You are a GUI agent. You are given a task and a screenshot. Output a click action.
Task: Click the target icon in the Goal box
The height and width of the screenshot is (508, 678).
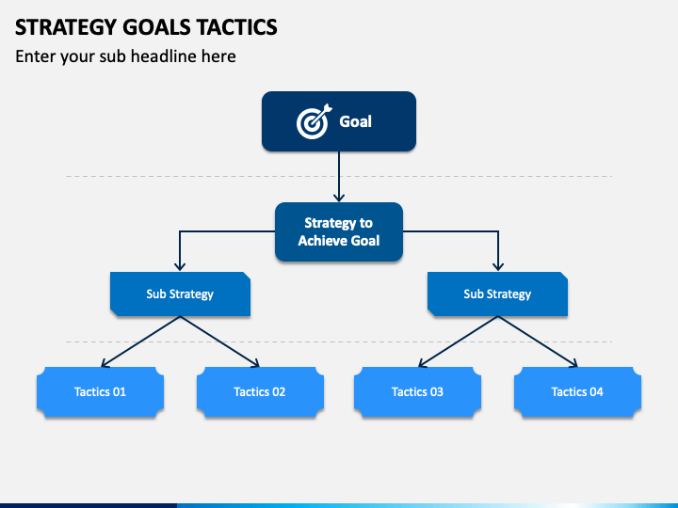314,121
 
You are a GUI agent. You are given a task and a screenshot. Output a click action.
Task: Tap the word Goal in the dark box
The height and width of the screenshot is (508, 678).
355,121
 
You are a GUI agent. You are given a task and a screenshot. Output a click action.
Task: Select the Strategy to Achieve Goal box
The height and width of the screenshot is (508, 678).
339,232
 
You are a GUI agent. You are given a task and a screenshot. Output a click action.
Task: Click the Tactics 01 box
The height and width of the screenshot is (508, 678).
101,391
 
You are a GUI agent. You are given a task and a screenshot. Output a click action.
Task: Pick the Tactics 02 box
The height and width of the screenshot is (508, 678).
260,391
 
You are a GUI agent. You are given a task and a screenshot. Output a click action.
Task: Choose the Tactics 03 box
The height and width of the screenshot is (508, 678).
418,391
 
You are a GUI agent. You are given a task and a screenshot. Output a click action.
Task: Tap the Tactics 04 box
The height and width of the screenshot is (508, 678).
577,391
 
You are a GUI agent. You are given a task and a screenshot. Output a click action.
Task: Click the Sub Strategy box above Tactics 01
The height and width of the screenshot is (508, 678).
180,294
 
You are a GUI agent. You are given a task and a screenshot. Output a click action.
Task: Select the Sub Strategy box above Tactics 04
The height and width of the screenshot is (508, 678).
498,294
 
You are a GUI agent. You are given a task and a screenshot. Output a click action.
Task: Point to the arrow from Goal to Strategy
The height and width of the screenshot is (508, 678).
339,177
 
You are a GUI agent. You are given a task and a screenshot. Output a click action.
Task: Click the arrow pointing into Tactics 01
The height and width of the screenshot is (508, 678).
140,341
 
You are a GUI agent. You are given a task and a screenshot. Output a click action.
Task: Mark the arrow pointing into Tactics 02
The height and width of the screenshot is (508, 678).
220,341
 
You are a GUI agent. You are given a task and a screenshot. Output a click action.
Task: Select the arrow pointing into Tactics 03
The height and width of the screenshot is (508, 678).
458,341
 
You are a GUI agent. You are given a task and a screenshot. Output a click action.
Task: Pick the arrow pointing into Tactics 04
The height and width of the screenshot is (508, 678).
538,341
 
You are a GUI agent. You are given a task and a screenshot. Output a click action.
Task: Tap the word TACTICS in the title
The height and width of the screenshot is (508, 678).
237,27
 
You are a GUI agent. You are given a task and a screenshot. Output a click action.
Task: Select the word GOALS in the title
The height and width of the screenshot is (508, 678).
157,27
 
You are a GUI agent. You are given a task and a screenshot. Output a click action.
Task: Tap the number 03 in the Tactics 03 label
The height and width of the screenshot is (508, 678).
436,391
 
